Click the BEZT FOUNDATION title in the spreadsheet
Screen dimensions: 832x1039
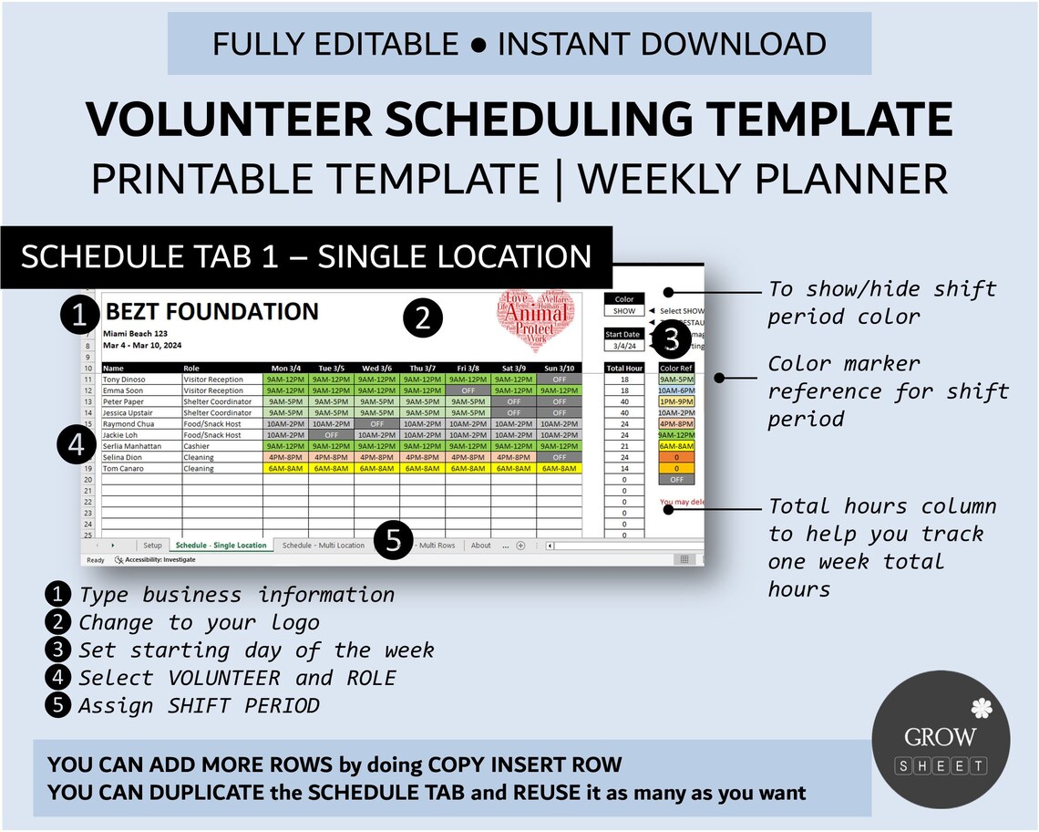point(211,312)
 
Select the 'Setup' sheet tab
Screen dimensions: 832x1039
point(152,546)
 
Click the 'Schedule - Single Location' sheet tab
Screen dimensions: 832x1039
point(221,546)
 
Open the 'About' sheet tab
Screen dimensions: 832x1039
point(480,546)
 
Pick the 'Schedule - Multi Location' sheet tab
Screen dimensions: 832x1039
point(324,546)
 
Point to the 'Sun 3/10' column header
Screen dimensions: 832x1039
point(559,368)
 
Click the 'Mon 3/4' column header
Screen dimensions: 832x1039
point(285,368)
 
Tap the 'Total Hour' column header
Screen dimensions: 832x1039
point(625,368)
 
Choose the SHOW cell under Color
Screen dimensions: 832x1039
point(624,310)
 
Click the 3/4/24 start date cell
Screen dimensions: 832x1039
point(624,346)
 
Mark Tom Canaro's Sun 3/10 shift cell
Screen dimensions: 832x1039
point(559,469)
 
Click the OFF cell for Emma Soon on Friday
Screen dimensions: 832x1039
point(468,390)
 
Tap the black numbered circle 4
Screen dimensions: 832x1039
point(77,444)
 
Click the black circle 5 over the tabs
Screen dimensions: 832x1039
point(393,540)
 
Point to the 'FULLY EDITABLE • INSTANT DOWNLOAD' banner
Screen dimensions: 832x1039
point(519,43)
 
